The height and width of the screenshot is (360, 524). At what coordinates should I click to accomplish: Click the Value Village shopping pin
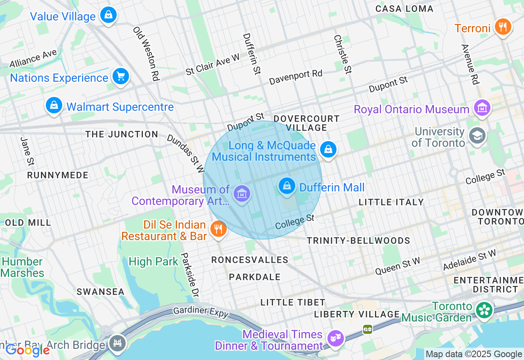tap(108, 16)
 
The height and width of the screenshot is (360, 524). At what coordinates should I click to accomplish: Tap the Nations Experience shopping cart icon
tap(121, 76)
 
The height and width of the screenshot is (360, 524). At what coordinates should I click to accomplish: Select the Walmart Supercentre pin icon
tap(54, 106)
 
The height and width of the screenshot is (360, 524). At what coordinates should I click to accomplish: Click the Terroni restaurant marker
tap(503, 27)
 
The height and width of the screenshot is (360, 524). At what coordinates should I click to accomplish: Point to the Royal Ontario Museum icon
tap(482, 108)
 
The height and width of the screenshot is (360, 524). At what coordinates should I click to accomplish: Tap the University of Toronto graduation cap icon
tap(477, 136)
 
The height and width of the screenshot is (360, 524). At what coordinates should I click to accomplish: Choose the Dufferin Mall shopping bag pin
tap(287, 186)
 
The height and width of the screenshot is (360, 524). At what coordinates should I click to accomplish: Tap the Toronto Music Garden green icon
tap(484, 310)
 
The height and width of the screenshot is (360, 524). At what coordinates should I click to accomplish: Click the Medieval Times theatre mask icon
tap(336, 338)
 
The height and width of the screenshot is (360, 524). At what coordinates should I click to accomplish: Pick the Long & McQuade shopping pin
tap(328, 149)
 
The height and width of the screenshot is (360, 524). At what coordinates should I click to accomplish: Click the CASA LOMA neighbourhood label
tap(404, 9)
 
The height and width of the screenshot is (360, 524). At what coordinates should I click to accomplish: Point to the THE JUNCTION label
tap(122, 134)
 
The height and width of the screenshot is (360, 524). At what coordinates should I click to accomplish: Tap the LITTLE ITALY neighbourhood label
tap(391, 202)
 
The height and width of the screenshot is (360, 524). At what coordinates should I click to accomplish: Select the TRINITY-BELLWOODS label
tap(359, 241)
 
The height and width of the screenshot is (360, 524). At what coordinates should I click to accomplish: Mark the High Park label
tap(154, 262)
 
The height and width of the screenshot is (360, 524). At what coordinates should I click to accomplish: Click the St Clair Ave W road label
tap(212, 64)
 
